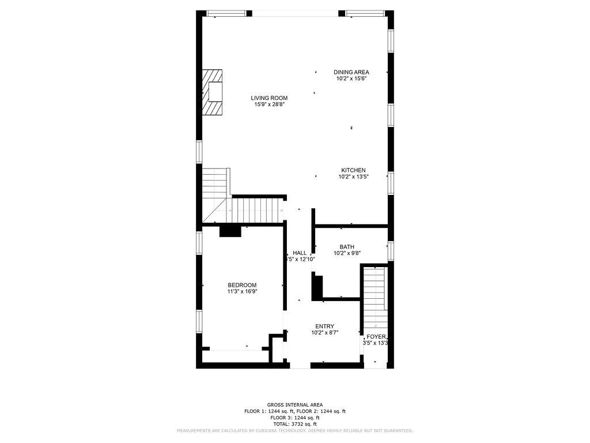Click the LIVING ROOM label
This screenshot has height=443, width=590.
pos(269,98)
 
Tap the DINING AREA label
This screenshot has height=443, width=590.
pos(351,72)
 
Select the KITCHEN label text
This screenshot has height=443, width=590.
pos(353,170)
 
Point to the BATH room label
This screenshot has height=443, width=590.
pos(346,247)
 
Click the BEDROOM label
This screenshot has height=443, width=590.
pos(242,285)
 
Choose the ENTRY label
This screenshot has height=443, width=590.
pos(324,326)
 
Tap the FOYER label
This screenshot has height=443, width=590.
pos(376,337)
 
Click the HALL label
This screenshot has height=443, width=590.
pos(300,253)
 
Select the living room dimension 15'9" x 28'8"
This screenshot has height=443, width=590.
pos(269,105)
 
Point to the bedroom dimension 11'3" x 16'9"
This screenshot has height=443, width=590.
pos(242,292)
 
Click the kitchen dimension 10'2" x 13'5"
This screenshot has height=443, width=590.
pos(353,177)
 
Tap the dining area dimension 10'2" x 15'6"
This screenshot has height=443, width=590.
pos(351,79)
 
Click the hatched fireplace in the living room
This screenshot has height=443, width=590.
pos(212,92)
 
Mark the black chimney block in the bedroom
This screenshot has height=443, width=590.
pos(230,231)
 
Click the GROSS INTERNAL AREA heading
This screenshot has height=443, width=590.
pos(294,405)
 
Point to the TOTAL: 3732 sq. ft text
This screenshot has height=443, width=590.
pos(294,424)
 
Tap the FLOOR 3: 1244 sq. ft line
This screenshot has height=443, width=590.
pos(294,418)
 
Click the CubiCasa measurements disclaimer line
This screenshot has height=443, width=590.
pos(294,431)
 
